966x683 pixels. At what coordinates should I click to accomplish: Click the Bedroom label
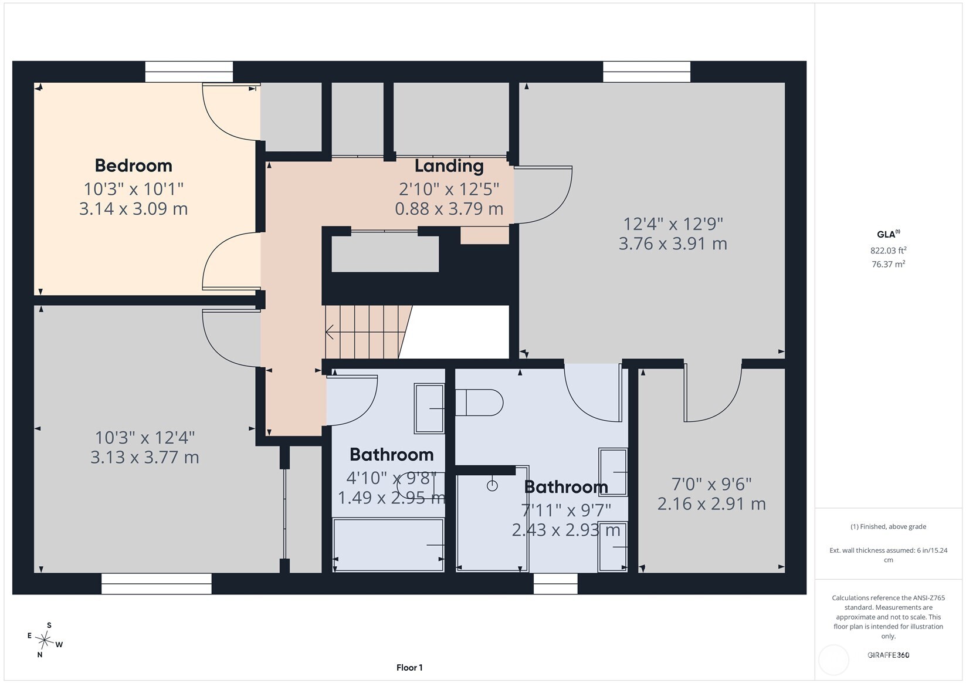[133, 165]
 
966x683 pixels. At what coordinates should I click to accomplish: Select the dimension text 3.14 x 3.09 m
[133, 209]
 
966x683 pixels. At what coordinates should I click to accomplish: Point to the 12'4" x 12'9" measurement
[673, 224]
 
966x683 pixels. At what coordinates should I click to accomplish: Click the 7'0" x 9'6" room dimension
[711, 484]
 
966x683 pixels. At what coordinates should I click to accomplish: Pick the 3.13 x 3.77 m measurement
[144, 457]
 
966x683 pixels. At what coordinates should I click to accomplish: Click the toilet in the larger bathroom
[479, 403]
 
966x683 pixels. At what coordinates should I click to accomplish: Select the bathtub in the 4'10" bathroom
[388, 545]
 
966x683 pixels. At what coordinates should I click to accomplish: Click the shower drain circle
[492, 486]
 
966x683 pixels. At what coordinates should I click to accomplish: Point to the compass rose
[45, 640]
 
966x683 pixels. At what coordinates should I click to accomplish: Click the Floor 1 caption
[409, 668]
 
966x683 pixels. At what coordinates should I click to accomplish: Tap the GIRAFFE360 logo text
[889, 655]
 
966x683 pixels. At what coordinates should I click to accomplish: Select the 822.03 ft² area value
[888, 250]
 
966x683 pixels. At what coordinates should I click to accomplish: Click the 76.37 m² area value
[888, 264]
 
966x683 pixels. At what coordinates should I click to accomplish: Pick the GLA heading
[889, 234]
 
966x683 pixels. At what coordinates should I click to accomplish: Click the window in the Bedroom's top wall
[189, 72]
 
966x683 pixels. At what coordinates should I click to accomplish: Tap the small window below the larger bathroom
[555, 584]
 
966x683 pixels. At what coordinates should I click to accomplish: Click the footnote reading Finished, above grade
[889, 526]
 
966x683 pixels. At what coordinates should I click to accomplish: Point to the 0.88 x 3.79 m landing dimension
[449, 209]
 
